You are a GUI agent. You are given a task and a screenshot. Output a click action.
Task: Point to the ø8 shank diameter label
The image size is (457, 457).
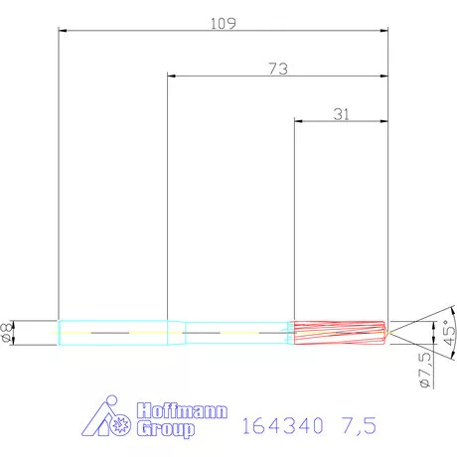tap(8, 332)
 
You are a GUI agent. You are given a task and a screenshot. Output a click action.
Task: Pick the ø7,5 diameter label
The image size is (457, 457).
tap(424, 369)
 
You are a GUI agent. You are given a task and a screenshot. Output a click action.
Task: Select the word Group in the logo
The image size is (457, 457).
tap(164, 430)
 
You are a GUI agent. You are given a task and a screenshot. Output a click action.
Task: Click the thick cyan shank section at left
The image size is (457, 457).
tap(114, 332)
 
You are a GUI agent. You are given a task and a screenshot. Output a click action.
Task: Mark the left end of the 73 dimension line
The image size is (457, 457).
tap(168, 76)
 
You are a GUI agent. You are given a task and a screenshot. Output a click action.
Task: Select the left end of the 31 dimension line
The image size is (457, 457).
tap(294, 122)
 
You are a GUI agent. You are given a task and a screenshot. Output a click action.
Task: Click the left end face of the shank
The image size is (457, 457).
tap(59, 332)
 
